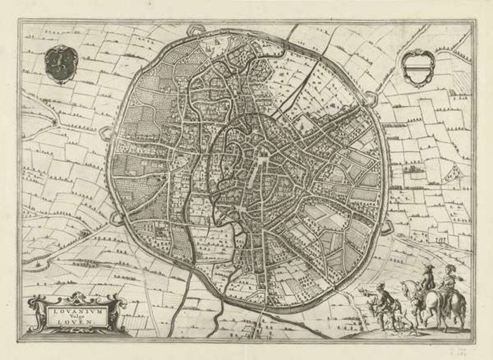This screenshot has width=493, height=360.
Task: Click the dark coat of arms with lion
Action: [x=61, y=64]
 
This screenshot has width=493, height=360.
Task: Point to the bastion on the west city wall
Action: [x=104, y=133]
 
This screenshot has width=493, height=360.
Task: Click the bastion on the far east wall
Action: [x=388, y=227]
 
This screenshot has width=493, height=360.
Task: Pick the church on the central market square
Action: [x=264, y=154]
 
